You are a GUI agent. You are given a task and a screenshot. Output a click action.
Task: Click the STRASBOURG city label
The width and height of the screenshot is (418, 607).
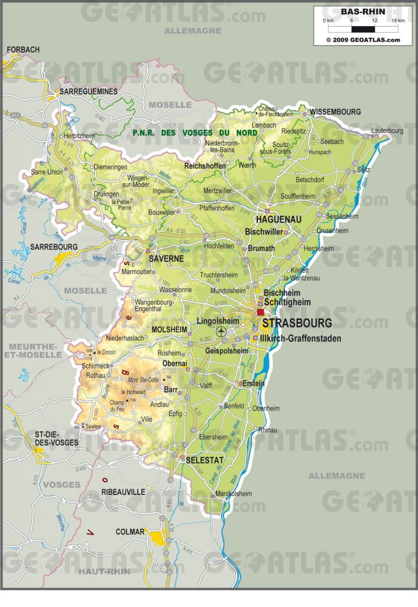[297, 324]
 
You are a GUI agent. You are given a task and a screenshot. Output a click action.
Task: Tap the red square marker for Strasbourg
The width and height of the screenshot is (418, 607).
[260, 312]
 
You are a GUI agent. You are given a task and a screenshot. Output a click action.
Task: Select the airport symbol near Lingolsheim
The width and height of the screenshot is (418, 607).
[222, 331]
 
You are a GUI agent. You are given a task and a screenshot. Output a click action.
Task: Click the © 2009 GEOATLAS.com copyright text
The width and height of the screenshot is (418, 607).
[363, 40]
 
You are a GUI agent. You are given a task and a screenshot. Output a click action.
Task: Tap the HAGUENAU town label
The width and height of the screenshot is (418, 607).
[279, 219]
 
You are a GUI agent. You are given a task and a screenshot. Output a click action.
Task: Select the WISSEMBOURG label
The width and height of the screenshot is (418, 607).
[335, 111]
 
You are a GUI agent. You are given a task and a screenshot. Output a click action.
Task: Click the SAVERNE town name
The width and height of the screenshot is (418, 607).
[165, 259]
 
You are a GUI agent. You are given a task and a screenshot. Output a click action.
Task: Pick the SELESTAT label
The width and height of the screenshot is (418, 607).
[205, 460]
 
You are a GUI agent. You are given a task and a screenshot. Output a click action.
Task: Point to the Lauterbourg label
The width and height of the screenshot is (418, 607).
[387, 130]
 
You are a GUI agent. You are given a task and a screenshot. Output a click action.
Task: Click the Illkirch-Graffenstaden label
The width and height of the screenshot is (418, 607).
[301, 338]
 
